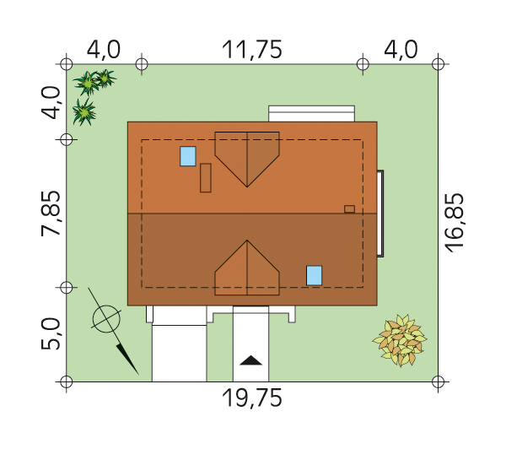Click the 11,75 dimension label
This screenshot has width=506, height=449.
coord(252,50)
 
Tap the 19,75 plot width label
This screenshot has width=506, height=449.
coord(252,398)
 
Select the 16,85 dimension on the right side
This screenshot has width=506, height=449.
coord(454,223)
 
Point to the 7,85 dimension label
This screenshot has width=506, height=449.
coord(51,214)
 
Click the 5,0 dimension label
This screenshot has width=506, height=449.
coord(51,333)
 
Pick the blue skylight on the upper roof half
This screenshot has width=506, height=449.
coord(188,156)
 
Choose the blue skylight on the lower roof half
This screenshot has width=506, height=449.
coord(315,275)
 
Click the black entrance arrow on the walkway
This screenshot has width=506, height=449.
coord(250,360)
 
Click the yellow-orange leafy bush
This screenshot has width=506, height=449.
coord(400,340)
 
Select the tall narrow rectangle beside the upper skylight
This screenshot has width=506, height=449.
coord(206,178)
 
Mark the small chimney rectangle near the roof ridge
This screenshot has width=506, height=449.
coord(349,209)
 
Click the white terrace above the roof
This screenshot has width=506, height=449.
coord(312,113)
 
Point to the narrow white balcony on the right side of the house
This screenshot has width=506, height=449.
coord(380,214)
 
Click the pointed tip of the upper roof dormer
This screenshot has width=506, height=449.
coord(247,187)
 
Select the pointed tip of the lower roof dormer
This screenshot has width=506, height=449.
coord(247,240)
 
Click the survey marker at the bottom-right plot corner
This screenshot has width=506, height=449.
coord(438,381)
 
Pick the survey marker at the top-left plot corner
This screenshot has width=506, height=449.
coord(67,64)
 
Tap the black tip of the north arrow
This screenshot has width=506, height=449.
coord(138,375)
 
